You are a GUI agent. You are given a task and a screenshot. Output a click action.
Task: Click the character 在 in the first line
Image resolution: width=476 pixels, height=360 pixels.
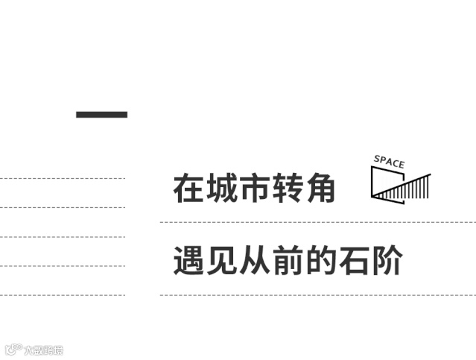(x=188, y=189)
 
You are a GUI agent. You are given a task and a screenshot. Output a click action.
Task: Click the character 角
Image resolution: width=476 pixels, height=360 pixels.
(x=320, y=189)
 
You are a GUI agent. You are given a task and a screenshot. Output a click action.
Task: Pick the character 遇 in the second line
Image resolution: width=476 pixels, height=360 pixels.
(x=188, y=261)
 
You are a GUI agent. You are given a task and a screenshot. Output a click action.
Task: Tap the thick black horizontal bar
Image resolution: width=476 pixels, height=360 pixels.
(x=102, y=114)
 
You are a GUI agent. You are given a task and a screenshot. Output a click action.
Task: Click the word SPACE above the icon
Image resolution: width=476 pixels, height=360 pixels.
(x=389, y=161)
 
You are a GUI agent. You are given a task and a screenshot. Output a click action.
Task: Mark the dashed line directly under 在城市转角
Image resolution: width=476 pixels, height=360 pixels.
(x=317, y=222)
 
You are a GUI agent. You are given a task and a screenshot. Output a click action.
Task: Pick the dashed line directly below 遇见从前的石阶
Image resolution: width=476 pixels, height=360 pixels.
(x=317, y=294)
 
